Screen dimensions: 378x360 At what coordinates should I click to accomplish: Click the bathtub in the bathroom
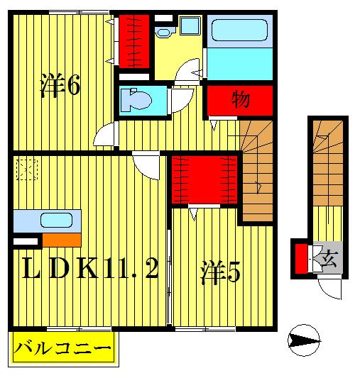pos(241,31)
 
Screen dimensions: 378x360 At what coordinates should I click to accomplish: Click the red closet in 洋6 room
pos(132,40)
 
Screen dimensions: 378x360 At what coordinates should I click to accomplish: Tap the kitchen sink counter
pos(47,221)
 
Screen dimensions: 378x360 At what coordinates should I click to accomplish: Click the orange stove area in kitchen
pos(60,240)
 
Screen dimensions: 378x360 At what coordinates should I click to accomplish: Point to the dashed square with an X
pos(27,169)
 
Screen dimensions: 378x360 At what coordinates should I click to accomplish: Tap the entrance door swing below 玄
pos(329,287)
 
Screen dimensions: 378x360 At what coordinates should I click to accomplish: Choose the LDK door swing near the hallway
pos(148,166)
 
